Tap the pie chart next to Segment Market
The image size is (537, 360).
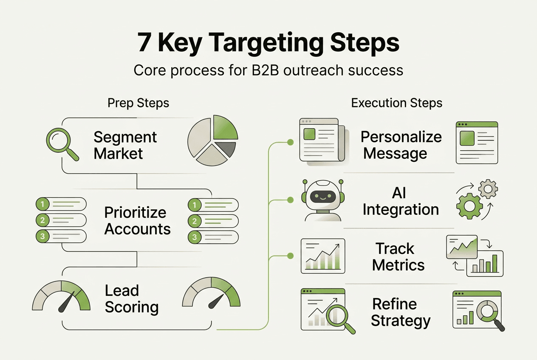[x=212, y=140]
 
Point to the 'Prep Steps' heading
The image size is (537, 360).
[x=138, y=103]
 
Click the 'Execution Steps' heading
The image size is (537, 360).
[x=397, y=103]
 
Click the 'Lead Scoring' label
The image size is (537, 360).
[x=131, y=299]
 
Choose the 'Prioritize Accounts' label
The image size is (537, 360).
[x=137, y=221]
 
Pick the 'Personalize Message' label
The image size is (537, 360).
[x=401, y=145]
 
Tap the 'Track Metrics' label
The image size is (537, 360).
[x=398, y=256]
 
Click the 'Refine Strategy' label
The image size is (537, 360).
[x=401, y=312]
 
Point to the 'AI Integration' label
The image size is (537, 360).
[x=400, y=201]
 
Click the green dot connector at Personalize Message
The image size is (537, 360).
[x=291, y=142]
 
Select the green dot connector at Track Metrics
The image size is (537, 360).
[x=291, y=256]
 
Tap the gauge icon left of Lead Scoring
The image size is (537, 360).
[x=61, y=295]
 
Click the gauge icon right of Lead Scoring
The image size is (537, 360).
[x=211, y=293]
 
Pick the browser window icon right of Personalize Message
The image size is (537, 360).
[x=477, y=143]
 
